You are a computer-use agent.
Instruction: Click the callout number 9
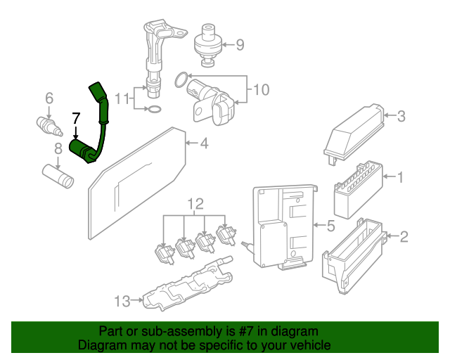pos(240,46)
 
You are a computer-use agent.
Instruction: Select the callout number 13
pos(122,302)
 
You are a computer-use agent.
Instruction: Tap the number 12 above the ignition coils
pos(195,205)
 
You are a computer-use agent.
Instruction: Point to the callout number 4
pos(204,144)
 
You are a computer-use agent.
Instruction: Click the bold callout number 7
pos(76,118)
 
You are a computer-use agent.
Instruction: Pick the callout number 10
pos(261,89)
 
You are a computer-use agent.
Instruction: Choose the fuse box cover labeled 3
pos(355,131)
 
